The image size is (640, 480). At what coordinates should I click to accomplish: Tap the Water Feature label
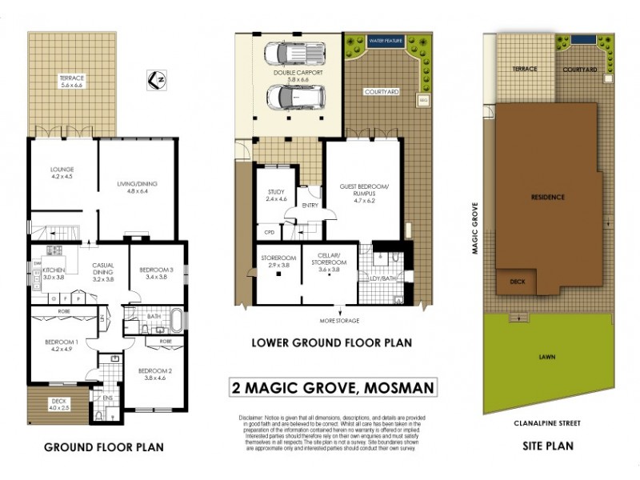[386, 39]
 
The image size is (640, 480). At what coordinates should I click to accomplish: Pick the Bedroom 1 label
[62, 346]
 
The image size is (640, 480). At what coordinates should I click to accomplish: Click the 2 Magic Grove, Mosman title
[333, 388]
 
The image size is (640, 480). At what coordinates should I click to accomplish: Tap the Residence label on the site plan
[548, 196]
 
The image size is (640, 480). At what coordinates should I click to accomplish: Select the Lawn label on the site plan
[548, 357]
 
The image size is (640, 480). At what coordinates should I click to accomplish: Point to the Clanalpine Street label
[548, 422]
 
